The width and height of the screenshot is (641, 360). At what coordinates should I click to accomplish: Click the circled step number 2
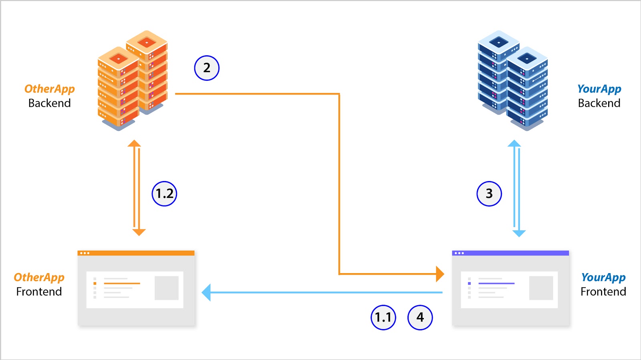tap(207, 68)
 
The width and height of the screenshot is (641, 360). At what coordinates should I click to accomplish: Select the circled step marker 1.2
tap(164, 194)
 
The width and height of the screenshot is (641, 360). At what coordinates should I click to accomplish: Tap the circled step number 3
tap(489, 194)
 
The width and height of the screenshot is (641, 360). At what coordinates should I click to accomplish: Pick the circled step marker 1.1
tap(383, 318)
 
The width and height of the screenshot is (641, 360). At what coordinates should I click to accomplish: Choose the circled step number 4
tap(420, 318)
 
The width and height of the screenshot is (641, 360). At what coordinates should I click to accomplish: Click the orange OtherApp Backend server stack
tap(132, 80)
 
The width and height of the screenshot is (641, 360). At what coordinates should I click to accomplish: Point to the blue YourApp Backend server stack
tap(513, 80)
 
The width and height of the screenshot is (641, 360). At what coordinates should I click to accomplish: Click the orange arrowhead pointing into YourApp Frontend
tap(440, 274)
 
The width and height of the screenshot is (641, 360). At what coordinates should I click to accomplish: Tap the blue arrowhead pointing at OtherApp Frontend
tap(206, 293)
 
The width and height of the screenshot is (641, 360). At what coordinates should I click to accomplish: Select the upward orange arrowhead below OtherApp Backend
tap(134, 143)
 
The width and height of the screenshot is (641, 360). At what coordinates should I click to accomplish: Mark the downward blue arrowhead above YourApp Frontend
tap(519, 233)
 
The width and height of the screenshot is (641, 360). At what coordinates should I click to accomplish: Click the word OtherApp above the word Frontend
tap(39, 277)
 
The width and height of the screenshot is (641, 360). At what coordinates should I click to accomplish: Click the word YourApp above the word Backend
tap(599, 89)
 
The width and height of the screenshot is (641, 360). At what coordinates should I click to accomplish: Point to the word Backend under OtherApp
tap(49, 103)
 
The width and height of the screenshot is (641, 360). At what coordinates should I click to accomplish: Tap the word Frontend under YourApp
tap(603, 292)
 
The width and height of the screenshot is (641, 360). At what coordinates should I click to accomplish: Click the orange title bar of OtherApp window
tap(136, 253)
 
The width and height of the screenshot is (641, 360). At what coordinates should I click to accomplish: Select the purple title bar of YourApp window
tap(510, 253)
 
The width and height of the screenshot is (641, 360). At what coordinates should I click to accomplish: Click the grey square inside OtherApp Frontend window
tap(166, 288)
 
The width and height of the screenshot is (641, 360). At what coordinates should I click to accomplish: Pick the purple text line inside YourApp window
tap(496, 284)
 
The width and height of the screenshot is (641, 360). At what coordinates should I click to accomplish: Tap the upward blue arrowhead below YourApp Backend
tap(514, 143)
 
